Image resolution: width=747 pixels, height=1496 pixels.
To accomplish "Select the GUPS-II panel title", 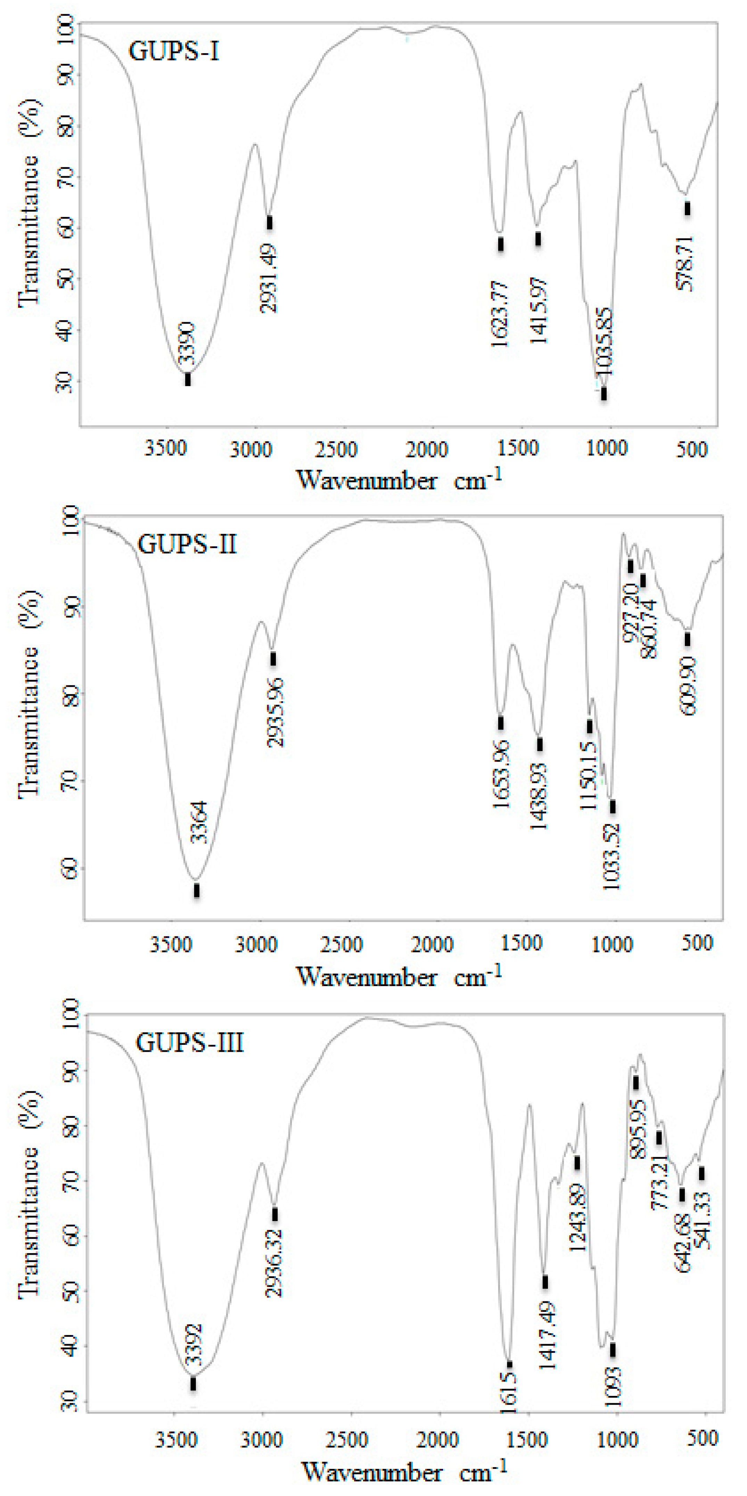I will pos(187,544).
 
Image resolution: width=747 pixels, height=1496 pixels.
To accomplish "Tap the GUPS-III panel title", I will pos(189,1042).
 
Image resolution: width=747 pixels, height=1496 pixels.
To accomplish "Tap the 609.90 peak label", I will pos(688,686).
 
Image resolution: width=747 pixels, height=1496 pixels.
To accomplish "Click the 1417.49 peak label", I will pos(547,1335).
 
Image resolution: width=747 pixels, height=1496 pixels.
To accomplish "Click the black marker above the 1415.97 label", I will pos(539,239).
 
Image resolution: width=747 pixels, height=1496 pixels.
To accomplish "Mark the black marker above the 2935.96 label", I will pos(273,659).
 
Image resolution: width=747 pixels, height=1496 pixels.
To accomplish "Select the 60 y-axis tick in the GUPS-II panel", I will pos(68,869).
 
